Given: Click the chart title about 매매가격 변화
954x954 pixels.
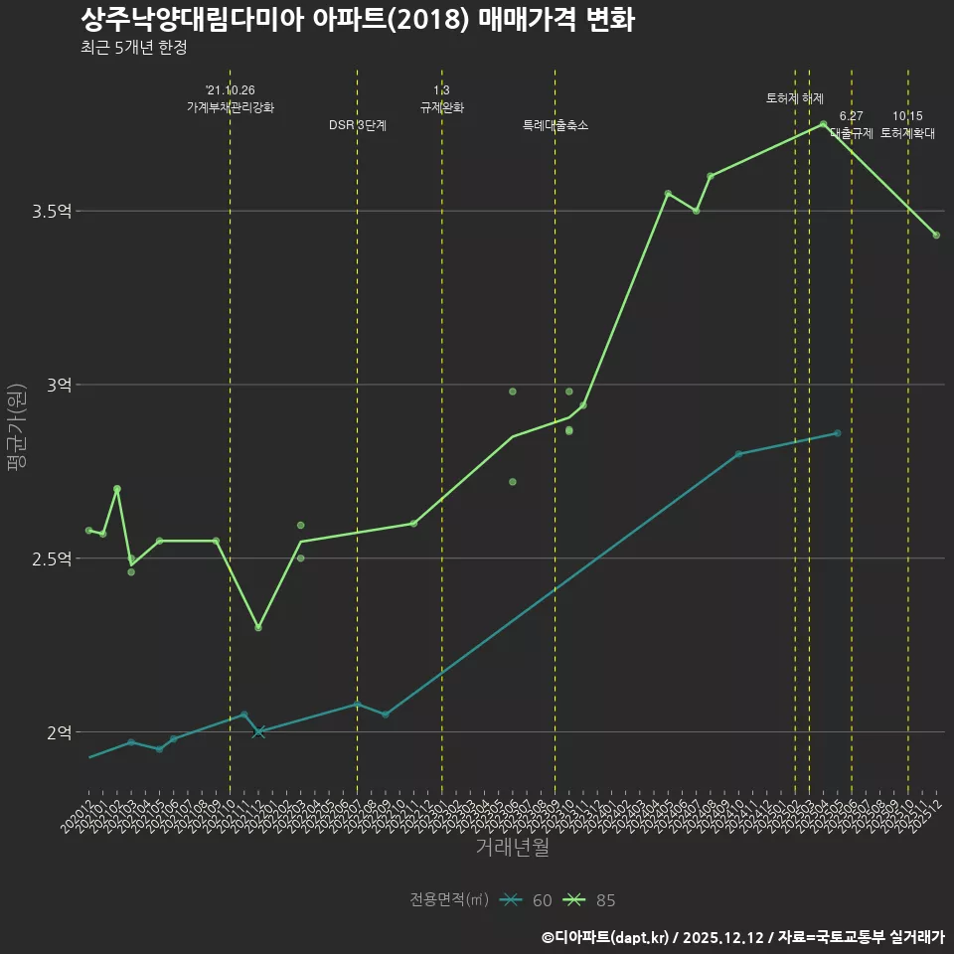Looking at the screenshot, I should pos(357,20).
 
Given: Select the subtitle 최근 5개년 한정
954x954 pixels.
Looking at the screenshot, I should pos(134,48).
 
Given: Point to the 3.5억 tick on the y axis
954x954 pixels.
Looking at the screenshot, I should pos(52,212).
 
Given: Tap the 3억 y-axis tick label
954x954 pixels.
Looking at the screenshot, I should pos(58,386).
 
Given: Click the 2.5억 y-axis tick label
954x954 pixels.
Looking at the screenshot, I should pos(52,559).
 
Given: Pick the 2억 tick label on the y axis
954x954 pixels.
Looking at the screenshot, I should pos(58,733).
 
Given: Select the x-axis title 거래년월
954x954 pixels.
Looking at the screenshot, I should pos(511,848).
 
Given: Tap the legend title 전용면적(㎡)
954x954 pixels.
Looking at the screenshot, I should pos(449,900).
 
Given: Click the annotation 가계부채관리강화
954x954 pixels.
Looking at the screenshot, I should pos(231,107).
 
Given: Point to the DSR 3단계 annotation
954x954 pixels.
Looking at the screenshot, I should pos(358,125).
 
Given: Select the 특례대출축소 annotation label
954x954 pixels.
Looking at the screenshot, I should pos(556,125).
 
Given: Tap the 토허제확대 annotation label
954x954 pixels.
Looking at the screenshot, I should pos(907,132).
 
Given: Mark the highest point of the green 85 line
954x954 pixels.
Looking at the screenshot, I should pos(823,124).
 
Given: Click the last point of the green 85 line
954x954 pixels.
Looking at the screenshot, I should pos(936,236).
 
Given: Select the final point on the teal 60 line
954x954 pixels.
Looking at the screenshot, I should pos(838,433).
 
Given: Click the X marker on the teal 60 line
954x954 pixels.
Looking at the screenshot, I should pos(259,732).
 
